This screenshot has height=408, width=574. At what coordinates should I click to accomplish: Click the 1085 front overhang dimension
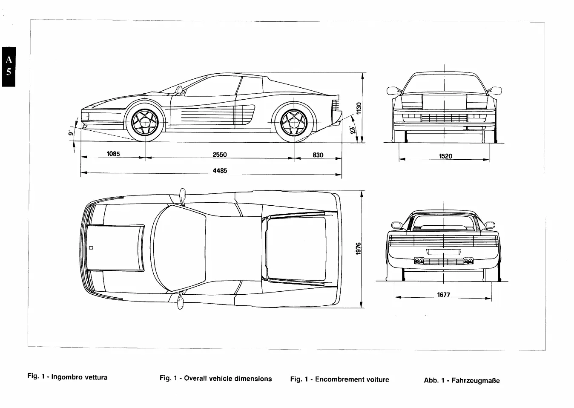[x=113, y=154]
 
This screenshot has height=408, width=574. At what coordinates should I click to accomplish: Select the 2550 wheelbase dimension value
[x=220, y=155]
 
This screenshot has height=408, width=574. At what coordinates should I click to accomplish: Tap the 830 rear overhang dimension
[x=318, y=155]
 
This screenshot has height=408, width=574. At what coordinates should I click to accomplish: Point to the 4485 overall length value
[x=220, y=170]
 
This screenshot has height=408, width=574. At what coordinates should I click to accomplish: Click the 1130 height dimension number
[x=359, y=109]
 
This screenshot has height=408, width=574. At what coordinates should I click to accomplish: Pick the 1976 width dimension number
[x=359, y=250]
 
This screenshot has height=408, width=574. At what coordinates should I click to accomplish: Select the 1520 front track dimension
[x=445, y=156]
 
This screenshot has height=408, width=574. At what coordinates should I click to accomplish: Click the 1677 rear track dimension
[x=443, y=294]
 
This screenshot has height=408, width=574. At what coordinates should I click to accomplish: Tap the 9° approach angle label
[x=71, y=133]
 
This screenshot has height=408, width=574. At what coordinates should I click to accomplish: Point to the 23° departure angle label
[x=352, y=130]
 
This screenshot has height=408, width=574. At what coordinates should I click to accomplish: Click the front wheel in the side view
[x=145, y=122]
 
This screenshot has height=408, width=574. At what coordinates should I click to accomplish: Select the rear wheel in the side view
[x=294, y=122]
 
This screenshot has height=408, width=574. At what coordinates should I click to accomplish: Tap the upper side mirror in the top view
[x=183, y=196]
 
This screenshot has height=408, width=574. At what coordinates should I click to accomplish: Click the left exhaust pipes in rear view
[x=419, y=261]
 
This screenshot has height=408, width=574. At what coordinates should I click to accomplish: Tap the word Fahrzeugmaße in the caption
[x=475, y=380]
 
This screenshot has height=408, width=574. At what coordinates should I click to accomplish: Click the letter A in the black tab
[x=9, y=58]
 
